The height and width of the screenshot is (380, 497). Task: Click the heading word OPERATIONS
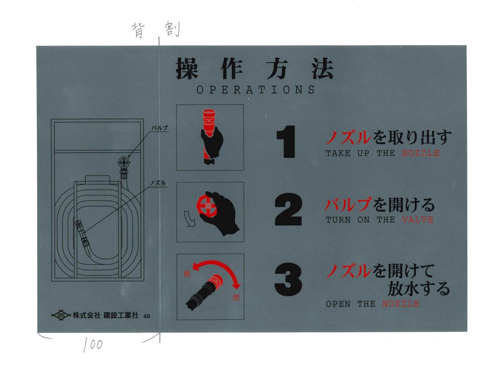click(256, 90)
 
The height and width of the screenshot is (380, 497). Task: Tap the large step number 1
click(286, 142)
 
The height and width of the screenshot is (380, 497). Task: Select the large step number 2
click(288, 210)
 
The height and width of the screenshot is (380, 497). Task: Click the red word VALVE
click(418, 220)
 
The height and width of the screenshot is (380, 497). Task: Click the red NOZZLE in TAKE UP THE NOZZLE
click(421, 153)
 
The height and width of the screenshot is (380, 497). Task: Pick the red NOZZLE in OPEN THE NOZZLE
click(401, 304)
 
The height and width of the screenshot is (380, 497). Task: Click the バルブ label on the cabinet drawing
click(159, 128)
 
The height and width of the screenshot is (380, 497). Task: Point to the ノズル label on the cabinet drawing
click(158, 183)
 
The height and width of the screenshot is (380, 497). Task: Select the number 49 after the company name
click(146, 316)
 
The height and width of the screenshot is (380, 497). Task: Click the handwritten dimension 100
click(93, 345)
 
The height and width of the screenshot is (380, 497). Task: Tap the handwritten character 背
click(139, 30)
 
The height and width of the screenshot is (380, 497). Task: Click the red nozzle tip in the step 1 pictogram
click(209, 121)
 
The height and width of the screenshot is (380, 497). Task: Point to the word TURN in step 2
click(338, 220)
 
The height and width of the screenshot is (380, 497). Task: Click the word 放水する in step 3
click(419, 289)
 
